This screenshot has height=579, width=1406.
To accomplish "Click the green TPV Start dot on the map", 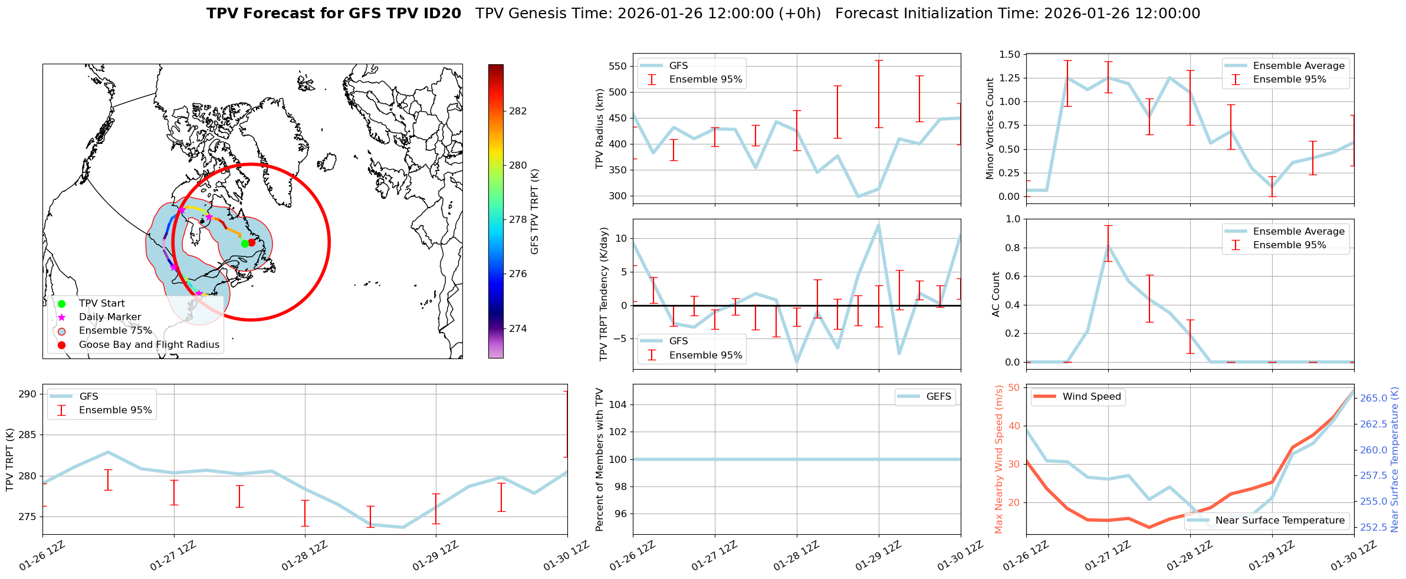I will pos(245,244).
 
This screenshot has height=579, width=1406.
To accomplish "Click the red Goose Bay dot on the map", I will pos(252,242).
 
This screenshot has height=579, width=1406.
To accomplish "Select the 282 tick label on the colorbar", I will pos(518,111).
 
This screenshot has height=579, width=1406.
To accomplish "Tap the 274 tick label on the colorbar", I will pos(518,328).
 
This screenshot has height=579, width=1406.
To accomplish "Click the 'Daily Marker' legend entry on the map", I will pos(110,317).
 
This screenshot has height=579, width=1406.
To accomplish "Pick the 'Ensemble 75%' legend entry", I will pos(115,331).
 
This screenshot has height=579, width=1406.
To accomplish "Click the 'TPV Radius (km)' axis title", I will pos(600,129).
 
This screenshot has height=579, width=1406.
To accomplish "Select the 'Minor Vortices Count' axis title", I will pos(990,129).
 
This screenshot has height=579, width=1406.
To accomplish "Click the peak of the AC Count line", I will pos(1108,245).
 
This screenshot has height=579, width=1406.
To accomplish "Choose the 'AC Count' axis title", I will pos(996,294).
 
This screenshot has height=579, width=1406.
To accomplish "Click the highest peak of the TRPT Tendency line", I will pos(879,225).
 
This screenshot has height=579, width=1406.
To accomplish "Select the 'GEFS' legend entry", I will pos(938,397).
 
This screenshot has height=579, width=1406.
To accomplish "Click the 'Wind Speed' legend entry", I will pos(1091,397).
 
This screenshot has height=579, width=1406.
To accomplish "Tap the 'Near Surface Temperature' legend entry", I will pos(1280,520).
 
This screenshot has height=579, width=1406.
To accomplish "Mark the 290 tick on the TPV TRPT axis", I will pos(27,394).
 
